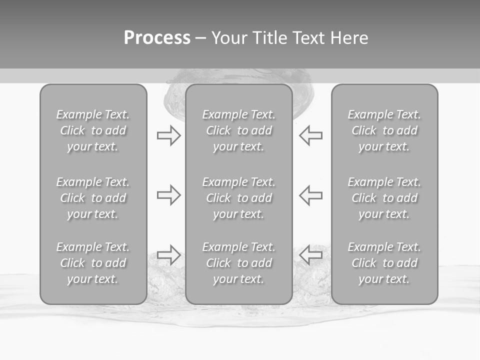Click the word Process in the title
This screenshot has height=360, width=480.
click(x=157, y=38)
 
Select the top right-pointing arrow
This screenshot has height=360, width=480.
click(x=168, y=135)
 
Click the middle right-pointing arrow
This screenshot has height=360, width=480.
click(x=168, y=195)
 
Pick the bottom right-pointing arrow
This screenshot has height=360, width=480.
click(x=168, y=254)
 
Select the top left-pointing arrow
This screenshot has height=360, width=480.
click(x=310, y=135)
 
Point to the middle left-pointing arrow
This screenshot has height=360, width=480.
click(x=310, y=195)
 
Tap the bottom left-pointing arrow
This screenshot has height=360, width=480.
click(x=310, y=254)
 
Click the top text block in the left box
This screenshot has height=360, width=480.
click(x=93, y=130)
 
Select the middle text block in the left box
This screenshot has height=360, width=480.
click(x=93, y=198)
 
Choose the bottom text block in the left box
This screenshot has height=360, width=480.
click(x=93, y=263)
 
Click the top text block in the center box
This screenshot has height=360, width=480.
click(x=238, y=130)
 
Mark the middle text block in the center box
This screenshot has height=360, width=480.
click(x=238, y=198)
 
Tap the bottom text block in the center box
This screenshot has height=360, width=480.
click(x=238, y=263)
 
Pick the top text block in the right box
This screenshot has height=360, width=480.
click(x=384, y=130)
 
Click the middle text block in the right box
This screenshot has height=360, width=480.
click(x=384, y=198)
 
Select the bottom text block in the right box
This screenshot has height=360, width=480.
click(x=384, y=263)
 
